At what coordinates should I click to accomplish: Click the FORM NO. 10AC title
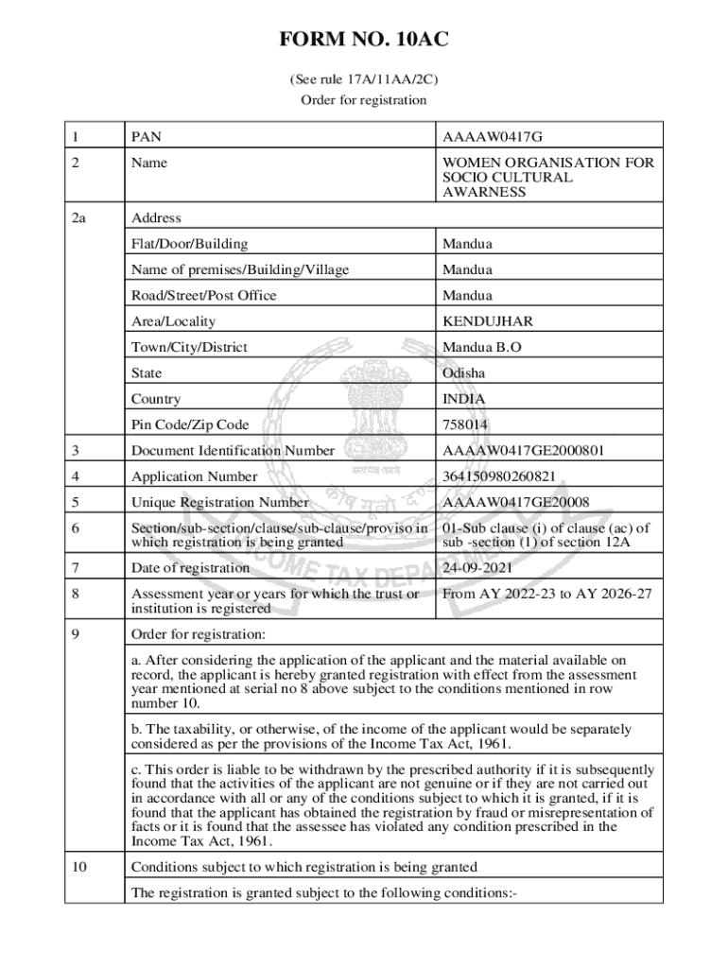[x=363, y=40]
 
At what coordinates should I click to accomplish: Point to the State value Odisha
[x=463, y=372]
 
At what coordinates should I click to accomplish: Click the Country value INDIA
[x=463, y=399]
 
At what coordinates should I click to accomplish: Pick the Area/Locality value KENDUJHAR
[x=487, y=321]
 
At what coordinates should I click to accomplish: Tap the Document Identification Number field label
[x=233, y=451]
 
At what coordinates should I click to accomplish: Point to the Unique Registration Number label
[x=220, y=502]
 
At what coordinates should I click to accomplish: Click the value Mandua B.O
[x=481, y=347]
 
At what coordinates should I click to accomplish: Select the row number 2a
[x=79, y=217]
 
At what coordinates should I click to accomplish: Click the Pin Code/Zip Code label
[x=190, y=424]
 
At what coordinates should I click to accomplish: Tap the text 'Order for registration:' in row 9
[x=199, y=633]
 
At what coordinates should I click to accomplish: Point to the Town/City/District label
[x=189, y=347]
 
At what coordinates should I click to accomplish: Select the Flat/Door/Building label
[x=190, y=244]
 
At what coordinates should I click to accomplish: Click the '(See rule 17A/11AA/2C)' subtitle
[x=363, y=80]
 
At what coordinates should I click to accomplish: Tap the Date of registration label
[x=190, y=568]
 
